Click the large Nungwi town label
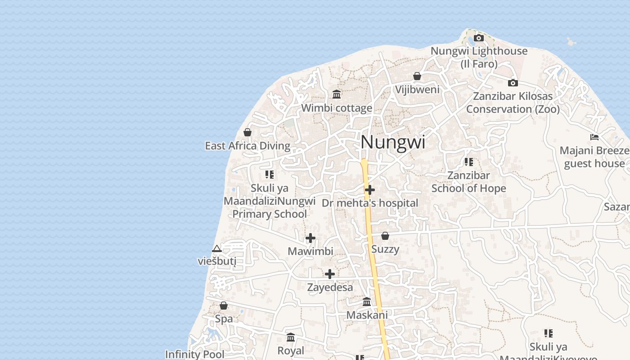[393, 143]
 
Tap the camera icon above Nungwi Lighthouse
[479, 38]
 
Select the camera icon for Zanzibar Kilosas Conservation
[513, 83]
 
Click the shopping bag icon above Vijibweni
[417, 76]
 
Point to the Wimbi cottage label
[337, 108]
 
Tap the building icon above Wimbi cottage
[337, 94]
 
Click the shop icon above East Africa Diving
[247, 132]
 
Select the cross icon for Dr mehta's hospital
[370, 190]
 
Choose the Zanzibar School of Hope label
[468, 182]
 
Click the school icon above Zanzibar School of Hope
[468, 162]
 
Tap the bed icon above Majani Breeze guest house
[594, 137]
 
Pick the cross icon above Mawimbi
[310, 238]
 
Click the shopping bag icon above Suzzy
[385, 236]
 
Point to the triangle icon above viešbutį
[217, 249]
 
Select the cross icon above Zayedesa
[330, 274]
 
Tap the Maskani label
[367, 315]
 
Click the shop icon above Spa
[224, 306]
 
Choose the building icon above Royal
[291, 337]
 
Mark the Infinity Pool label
[194, 355]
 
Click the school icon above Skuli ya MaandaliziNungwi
[270, 174]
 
